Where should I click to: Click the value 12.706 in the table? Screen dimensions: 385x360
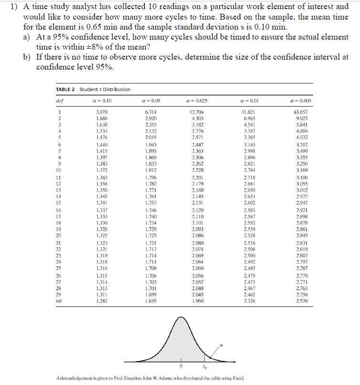tap(197, 111)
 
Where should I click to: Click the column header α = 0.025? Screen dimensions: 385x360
tap(197, 101)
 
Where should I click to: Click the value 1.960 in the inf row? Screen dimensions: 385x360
tap(197, 301)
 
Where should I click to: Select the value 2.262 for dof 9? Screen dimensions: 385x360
tap(197, 163)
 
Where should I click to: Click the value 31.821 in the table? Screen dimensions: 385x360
tap(249, 111)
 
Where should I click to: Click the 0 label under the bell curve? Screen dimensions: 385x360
tap(181, 366)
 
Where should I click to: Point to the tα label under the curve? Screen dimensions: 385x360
tap(205, 367)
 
